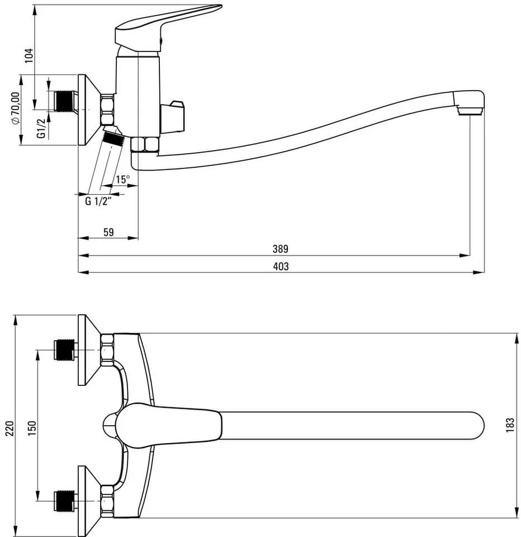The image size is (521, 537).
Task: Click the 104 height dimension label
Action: [30, 55]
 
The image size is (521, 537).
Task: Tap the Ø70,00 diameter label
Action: [16, 108]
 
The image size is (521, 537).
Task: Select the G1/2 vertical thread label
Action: [41, 128]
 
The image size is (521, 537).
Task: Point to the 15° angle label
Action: [123, 179]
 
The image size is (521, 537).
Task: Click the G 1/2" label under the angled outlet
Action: [98, 201]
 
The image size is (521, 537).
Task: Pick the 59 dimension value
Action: [108, 232]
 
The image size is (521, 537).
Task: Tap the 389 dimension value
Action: [281, 249]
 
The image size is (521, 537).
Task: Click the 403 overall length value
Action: [281, 266]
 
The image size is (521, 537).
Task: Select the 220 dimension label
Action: [10, 428]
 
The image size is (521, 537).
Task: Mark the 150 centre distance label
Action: [32, 428]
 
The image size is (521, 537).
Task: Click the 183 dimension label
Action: [510, 425]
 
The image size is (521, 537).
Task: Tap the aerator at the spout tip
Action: [470, 111]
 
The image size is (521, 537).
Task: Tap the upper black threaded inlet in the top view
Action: [64, 350]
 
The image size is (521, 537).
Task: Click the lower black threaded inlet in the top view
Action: [64, 501]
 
